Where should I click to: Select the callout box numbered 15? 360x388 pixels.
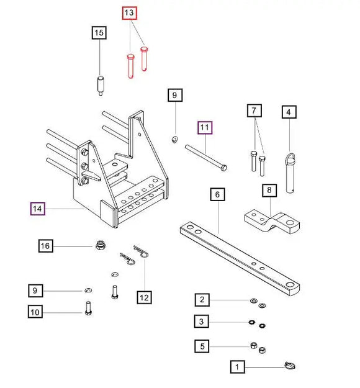99,33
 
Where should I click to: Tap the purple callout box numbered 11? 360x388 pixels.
205,129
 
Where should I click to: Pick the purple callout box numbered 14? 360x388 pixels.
38,208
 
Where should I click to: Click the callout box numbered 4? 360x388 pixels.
289,112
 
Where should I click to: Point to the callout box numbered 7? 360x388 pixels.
253,112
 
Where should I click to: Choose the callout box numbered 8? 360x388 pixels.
269,190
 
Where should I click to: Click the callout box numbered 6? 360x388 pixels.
217,195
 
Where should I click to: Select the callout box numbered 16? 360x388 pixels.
45,246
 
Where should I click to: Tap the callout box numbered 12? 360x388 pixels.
144,297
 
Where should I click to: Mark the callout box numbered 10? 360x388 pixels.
35,312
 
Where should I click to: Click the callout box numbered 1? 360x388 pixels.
236,367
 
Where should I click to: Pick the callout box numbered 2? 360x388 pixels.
202,300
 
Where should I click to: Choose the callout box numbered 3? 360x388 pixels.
202,322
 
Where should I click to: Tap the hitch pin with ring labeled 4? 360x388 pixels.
291,174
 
